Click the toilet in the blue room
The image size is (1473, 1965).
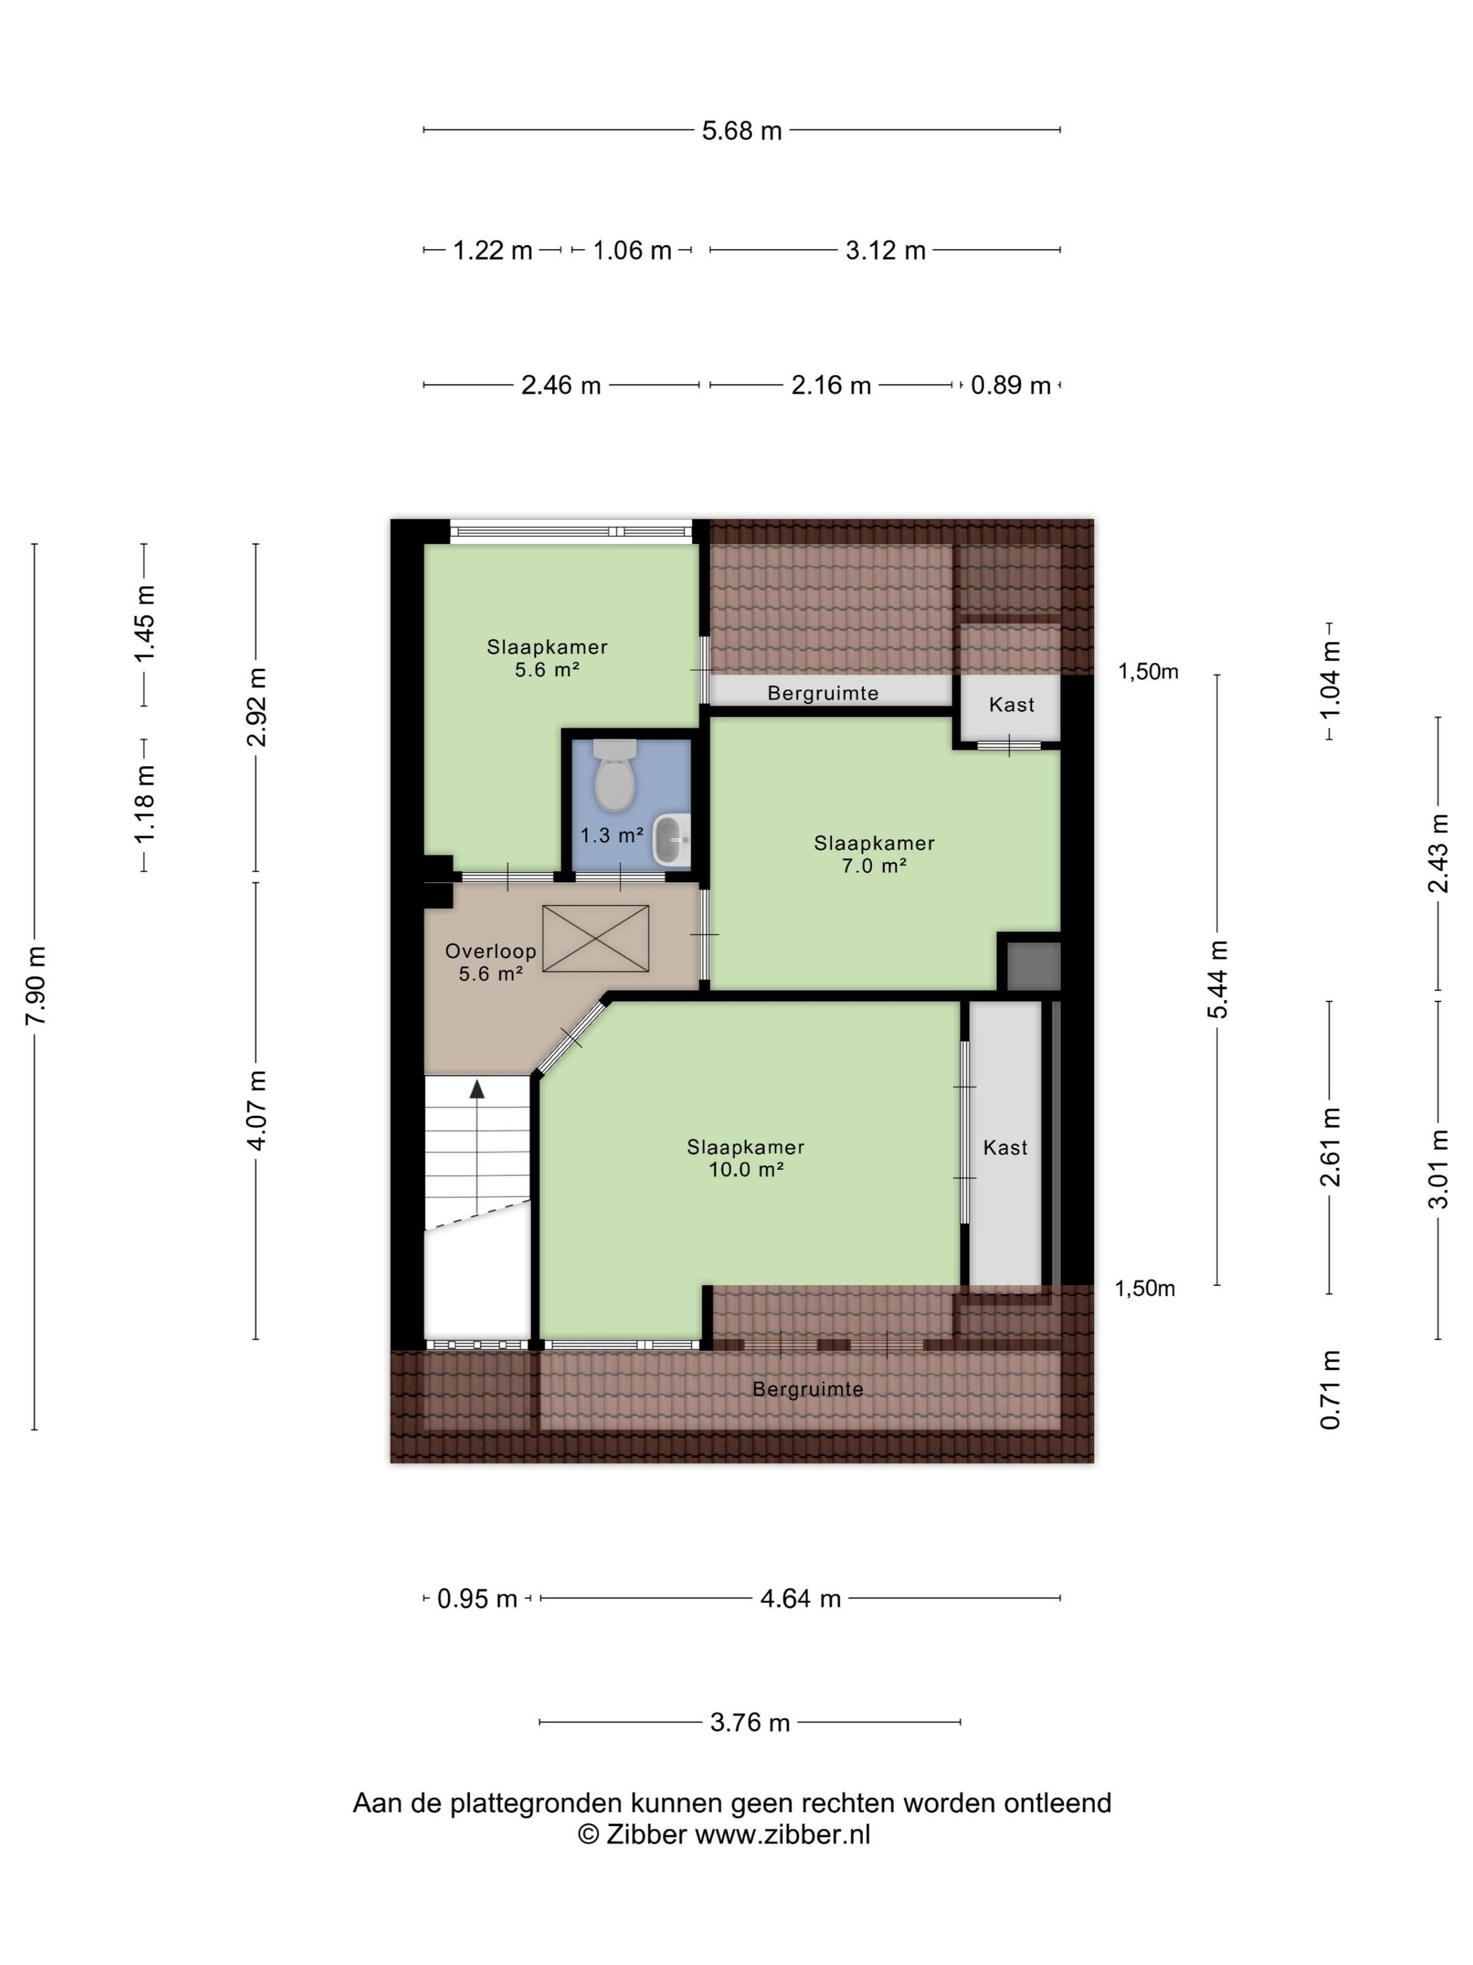[614, 775]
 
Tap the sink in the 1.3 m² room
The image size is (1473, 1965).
[672, 839]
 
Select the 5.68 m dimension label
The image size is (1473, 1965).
[741, 131]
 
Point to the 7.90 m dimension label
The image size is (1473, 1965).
[36, 985]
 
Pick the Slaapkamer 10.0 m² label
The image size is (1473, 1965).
[746, 1157]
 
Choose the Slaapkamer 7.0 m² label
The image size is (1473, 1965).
[875, 853]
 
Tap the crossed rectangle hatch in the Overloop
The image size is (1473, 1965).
[596, 938]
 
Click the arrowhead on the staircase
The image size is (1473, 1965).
[478, 1088]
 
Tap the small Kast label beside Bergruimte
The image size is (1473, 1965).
[1011, 705]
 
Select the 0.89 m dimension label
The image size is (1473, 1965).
[1011, 385]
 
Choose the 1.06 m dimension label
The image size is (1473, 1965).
[632, 251]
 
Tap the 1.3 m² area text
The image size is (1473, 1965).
[612, 835]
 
